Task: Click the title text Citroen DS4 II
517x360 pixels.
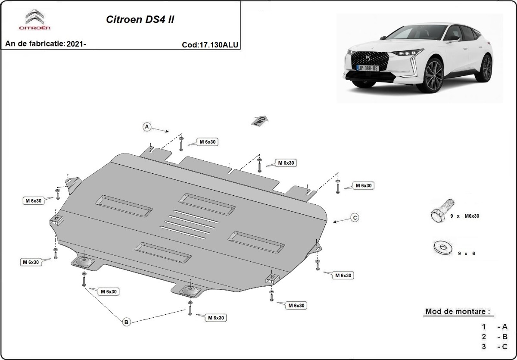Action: [x=140, y=20]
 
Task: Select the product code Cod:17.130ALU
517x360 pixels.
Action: [x=210, y=44]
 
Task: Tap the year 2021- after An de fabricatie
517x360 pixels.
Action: [x=77, y=44]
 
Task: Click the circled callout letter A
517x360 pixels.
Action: [x=147, y=127]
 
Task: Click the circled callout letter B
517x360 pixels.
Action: [x=126, y=322]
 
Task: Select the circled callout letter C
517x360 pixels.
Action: [x=355, y=218]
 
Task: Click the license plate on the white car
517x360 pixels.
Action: [x=367, y=68]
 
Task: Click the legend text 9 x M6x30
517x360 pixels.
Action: [x=464, y=216]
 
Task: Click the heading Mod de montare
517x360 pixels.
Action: [x=458, y=311]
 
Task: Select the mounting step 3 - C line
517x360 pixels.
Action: [x=495, y=347]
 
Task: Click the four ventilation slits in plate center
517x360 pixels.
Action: [x=188, y=225]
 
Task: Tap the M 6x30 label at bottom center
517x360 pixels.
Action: [x=215, y=318]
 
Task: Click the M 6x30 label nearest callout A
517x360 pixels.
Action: [x=209, y=142]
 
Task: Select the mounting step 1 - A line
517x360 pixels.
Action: [x=495, y=327]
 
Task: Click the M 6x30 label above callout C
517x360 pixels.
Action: [x=363, y=185]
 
